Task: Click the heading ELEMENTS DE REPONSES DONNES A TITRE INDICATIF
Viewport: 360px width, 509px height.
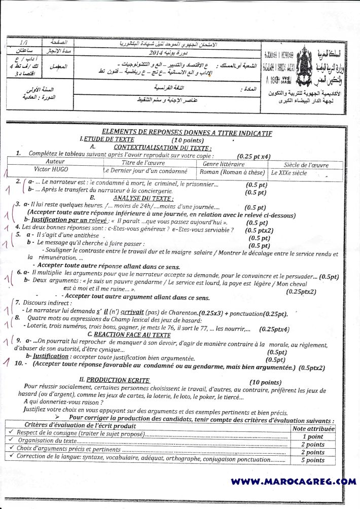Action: point(187,133)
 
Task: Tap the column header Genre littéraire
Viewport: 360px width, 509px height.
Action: point(224,164)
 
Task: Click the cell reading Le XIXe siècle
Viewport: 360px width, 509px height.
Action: point(290,172)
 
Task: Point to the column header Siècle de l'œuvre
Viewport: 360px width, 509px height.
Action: point(306,165)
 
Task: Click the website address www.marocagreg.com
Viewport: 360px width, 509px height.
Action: point(293,481)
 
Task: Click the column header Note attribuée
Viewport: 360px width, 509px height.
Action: point(314,428)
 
